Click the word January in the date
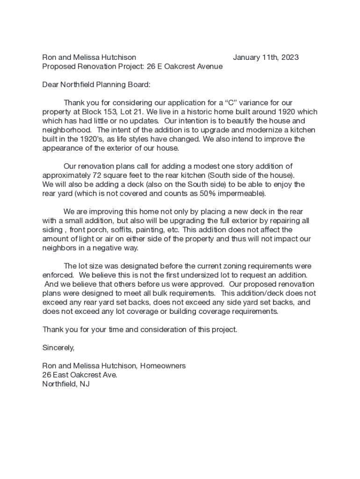pyautogui.click(x=247, y=58)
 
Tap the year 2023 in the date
pyautogui.click(x=289, y=58)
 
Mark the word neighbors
pyautogui.click(x=59, y=248)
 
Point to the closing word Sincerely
pyautogui.click(x=58, y=348)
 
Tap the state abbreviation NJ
pyautogui.click(x=85, y=384)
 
